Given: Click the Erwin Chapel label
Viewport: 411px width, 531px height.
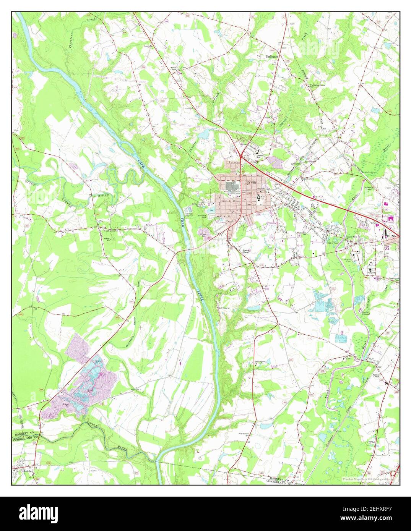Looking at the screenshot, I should click(x=174, y=69).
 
